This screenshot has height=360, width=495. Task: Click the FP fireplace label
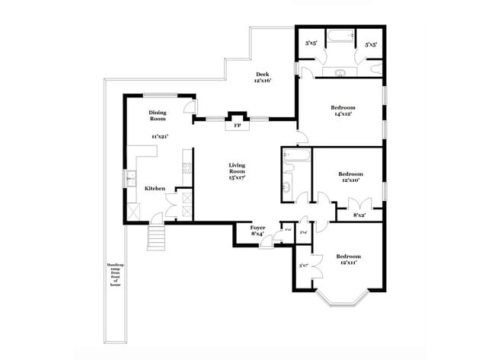[237, 124]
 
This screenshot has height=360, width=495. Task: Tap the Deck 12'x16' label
[263, 77]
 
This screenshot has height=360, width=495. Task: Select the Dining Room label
[158, 116]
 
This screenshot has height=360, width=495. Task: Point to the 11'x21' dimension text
[158, 136]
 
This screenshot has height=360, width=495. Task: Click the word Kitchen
[155, 187]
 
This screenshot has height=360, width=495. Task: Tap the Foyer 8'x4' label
[257, 231]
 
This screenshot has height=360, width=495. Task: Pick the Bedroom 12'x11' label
[349, 259]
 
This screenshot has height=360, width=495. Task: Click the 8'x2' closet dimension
[359, 215]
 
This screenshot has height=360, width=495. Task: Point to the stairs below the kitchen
[156, 236]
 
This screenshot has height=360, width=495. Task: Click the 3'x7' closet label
[303, 266]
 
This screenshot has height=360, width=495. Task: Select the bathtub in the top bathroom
[340, 36]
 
